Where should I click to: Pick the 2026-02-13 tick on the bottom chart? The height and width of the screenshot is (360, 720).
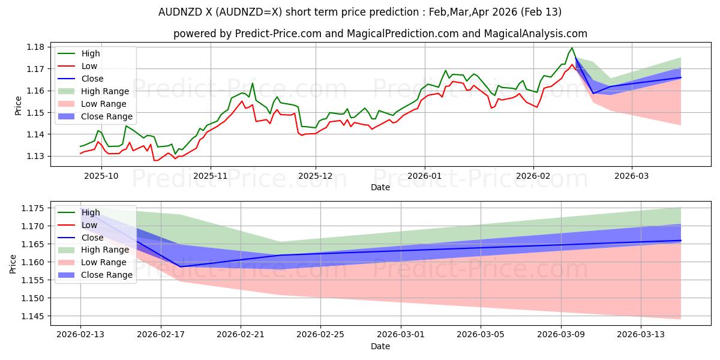pyautogui.click(x=80, y=334)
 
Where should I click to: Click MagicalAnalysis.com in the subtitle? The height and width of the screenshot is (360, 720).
pyautogui.click(x=538, y=34)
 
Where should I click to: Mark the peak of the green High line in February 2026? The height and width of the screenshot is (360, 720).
pyautogui.click(x=572, y=48)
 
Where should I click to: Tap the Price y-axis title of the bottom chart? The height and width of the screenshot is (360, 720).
pyautogui.click(x=13, y=263)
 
